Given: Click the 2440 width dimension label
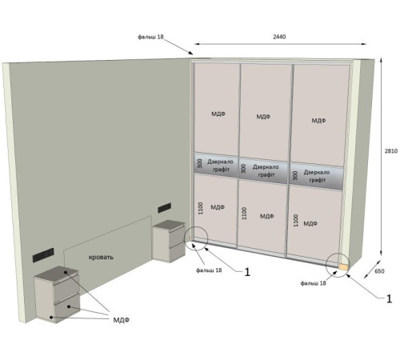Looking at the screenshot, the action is coord(279,37).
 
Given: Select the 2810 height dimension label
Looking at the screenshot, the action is coord(391,151).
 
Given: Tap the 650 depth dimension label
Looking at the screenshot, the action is coord(379,271).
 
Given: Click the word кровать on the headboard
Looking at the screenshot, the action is coord(101,258).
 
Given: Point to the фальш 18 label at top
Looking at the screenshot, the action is coord(150,37).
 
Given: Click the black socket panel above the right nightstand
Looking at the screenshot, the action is coord(164,208).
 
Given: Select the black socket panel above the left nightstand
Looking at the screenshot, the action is coord(43,255).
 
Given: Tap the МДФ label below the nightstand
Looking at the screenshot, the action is coord(122,320).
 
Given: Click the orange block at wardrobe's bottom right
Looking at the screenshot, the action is coord(343,267).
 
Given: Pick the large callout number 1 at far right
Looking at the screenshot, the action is coord(389,298).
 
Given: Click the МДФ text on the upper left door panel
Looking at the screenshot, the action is coord(218,114).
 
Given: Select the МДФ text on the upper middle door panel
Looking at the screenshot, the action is coord(263,117).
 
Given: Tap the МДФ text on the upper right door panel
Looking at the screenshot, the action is coord(318,121).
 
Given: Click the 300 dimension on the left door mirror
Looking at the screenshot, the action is coord(200,163).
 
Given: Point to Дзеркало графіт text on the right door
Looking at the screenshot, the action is coord(317,176).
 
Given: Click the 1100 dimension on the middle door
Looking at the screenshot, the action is coord(244,214).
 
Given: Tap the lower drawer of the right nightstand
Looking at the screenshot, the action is coord(178,252).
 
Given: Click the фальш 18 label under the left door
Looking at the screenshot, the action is coord(209,270).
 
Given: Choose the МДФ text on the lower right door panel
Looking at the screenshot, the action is coord(310,223).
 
